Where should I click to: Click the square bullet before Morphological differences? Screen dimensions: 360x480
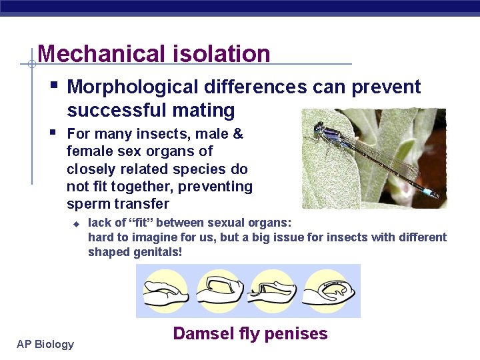[x=53, y=85]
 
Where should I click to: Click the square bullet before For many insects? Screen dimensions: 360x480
[x=53, y=132]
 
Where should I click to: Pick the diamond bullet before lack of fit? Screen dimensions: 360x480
[x=76, y=223]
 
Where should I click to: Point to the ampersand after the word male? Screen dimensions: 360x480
[x=237, y=134]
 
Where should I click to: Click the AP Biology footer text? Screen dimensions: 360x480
[x=45, y=344]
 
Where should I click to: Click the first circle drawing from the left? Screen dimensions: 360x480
[x=167, y=291]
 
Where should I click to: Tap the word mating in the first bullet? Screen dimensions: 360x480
[x=207, y=110]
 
